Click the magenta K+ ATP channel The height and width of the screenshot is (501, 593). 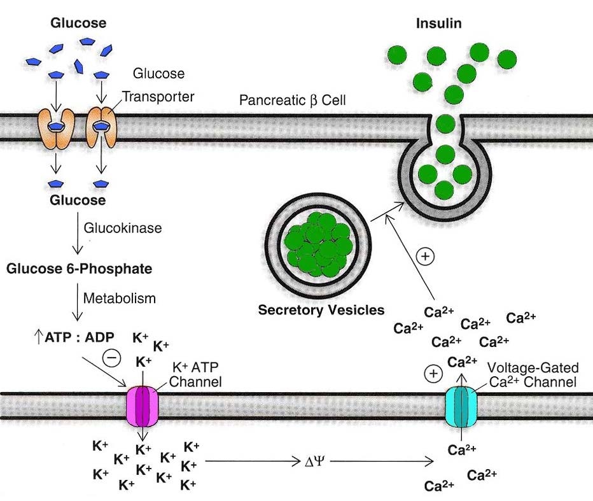click(144, 406)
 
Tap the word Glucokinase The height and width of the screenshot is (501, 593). click(123, 228)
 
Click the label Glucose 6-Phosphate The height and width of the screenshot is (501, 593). click(80, 269)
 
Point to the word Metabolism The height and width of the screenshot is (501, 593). click(120, 297)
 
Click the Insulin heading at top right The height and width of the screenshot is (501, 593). click(438, 24)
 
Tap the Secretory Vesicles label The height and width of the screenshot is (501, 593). click(321, 311)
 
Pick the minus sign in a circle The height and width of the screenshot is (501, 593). click(112, 358)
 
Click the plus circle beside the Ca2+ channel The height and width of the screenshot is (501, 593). click(433, 374)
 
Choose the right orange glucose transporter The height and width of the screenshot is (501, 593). click(101, 128)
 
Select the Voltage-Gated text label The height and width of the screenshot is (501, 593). click(533, 368)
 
